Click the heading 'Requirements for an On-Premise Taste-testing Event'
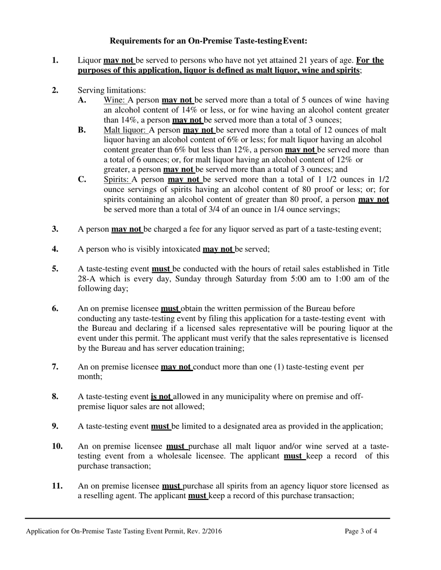(x=208, y=41)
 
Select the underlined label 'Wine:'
(x=115, y=100)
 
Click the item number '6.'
(x=55, y=309)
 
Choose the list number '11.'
(x=57, y=486)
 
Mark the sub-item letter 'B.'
(x=82, y=130)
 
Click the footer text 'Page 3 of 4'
(x=361, y=532)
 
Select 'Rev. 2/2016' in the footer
(x=204, y=532)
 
